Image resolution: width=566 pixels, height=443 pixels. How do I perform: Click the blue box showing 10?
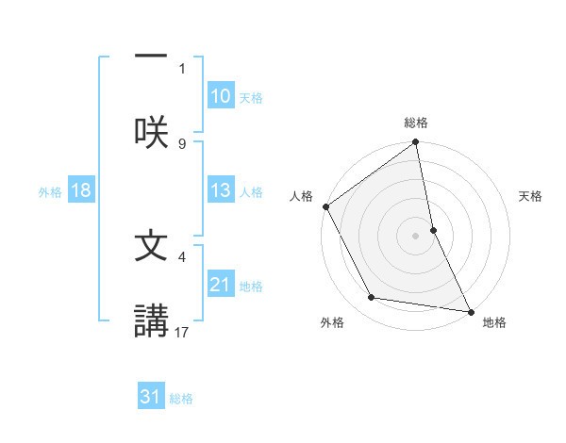221,96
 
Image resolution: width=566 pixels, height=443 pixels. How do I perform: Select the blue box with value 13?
221,190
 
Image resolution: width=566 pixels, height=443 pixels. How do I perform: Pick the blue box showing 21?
221,285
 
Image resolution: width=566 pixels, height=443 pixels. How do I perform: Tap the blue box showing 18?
81,190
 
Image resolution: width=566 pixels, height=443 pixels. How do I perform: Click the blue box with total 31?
151,397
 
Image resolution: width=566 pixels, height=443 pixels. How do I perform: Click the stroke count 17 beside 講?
182,331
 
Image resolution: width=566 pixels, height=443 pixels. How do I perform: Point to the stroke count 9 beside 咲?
182,143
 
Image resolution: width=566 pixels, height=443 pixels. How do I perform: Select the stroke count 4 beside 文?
182,255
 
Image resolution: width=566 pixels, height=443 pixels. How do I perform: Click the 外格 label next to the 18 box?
50,192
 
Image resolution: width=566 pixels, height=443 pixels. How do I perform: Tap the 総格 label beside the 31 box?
181,399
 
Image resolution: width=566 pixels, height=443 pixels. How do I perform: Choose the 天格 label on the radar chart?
531,196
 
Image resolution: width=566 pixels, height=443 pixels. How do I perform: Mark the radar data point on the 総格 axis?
415,143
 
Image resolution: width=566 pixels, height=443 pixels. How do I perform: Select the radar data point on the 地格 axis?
471,311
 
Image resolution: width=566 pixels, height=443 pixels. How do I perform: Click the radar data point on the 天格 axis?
433,230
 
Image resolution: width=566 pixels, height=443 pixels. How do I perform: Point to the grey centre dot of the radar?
415,236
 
